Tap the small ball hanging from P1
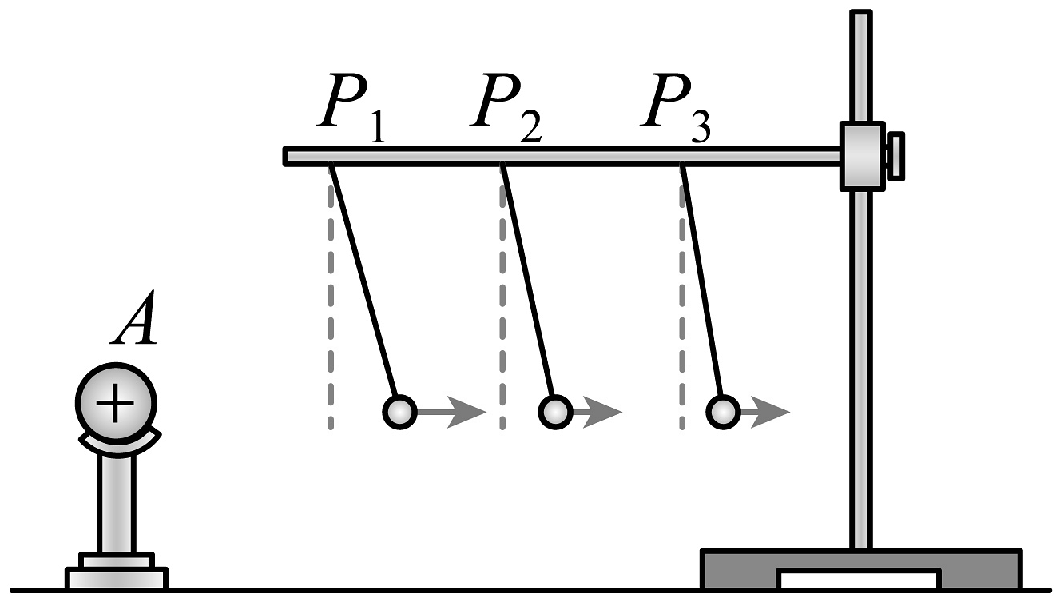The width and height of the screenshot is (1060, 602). click(x=399, y=412)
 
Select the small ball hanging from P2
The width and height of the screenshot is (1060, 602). click(x=554, y=412)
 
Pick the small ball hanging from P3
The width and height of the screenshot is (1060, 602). click(x=723, y=412)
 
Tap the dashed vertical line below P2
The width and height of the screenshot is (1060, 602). click(x=502, y=320)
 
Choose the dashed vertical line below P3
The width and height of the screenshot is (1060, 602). click(x=681, y=320)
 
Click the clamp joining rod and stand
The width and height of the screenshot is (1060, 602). click(x=861, y=156)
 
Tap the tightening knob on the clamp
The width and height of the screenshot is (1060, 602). click(x=895, y=156)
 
